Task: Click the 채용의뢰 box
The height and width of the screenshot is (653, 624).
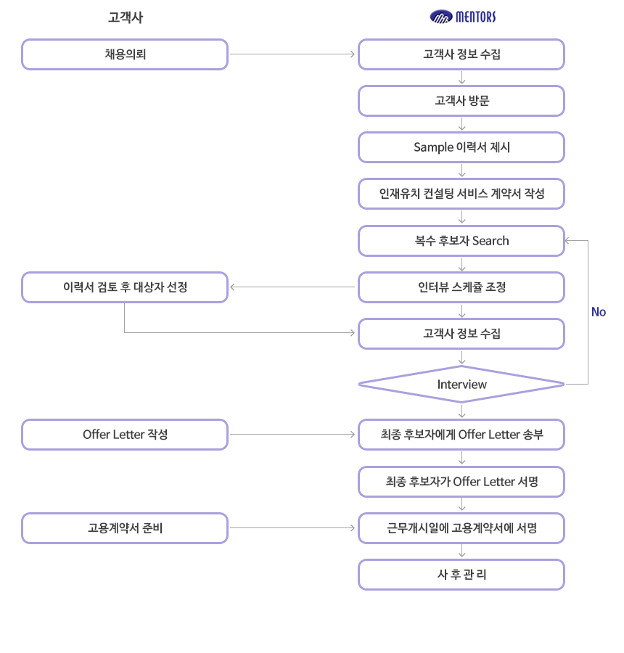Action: click(x=125, y=54)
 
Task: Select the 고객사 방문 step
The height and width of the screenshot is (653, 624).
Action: click(x=461, y=101)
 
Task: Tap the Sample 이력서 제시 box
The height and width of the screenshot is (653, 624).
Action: click(x=461, y=147)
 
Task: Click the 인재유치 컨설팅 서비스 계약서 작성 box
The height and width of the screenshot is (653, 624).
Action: click(x=461, y=194)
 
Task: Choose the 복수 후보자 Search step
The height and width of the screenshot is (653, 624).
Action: click(x=461, y=241)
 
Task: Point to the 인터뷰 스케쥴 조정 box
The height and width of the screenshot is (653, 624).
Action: click(x=461, y=287)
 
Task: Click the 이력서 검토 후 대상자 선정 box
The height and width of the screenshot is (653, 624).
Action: click(x=125, y=287)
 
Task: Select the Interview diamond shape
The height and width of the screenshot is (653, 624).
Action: click(x=461, y=384)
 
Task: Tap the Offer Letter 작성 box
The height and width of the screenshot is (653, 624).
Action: click(x=125, y=435)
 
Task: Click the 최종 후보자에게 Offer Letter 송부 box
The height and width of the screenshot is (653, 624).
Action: click(x=461, y=435)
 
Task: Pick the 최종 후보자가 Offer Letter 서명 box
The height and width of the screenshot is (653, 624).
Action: click(x=461, y=481)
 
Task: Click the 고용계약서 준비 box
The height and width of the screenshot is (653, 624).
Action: click(x=125, y=528)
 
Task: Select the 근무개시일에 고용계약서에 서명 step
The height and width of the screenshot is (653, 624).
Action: click(x=461, y=528)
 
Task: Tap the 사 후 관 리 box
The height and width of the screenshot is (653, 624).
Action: click(x=461, y=575)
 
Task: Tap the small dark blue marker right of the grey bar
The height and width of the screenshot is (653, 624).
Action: click(x=599, y=312)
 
